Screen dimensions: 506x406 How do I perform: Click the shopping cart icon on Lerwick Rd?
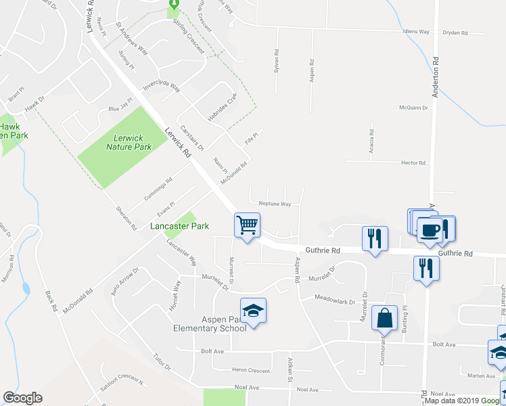[x=248, y=225]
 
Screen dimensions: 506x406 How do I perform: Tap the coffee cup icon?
[x=430, y=229]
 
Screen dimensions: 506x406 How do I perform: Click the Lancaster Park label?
[x=179, y=226]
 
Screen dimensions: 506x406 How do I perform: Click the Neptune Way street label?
[x=275, y=204]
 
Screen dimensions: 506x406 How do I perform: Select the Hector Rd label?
[x=413, y=163]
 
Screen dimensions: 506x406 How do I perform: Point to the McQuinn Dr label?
[x=414, y=108]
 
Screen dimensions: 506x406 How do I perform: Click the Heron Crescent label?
[x=250, y=370]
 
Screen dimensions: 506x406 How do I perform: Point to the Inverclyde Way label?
[x=161, y=88]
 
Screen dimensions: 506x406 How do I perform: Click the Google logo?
[x=22, y=398]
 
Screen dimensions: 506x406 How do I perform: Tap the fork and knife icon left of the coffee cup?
[x=374, y=238]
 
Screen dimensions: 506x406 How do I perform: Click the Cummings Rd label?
[x=158, y=189]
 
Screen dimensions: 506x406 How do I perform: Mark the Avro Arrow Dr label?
[x=126, y=279]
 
